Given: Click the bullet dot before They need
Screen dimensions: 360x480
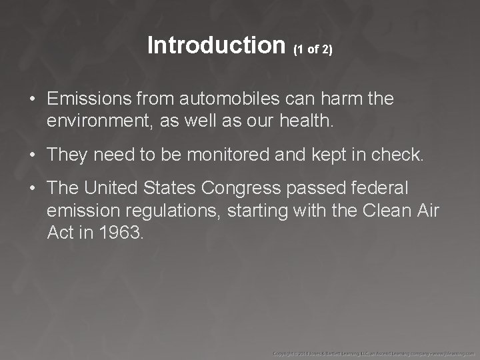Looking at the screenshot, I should (32, 156).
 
